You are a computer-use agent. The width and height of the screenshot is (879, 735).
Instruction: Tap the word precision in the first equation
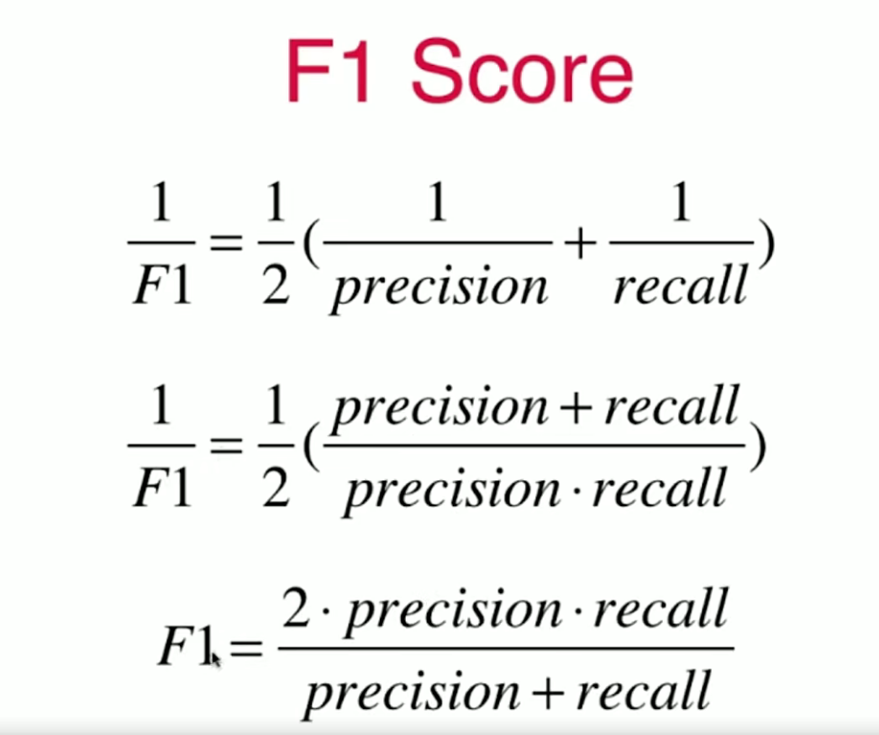pyautogui.click(x=439, y=286)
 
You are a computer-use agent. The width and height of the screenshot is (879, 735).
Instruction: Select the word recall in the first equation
pyautogui.click(x=679, y=286)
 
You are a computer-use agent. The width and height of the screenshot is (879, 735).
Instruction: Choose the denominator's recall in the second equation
pyautogui.click(x=659, y=488)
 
